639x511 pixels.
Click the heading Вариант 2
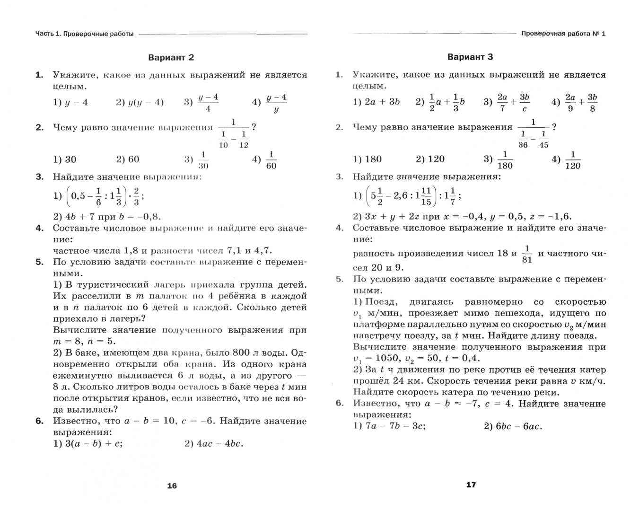coord(171,58)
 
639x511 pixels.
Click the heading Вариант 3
coord(470,57)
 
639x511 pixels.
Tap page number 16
coord(172,485)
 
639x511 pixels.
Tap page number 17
coord(471,485)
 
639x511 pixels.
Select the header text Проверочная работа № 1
coord(563,34)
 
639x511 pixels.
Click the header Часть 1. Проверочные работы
coord(85,34)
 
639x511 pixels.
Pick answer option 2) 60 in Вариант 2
coord(128,159)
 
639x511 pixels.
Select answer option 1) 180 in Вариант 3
coord(368,159)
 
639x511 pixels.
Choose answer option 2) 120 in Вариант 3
coord(430,159)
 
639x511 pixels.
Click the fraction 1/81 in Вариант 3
coord(527,254)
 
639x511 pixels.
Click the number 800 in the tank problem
coord(242,353)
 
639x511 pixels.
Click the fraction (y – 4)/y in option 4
coord(276,103)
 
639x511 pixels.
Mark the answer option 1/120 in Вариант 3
coord(573,160)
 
